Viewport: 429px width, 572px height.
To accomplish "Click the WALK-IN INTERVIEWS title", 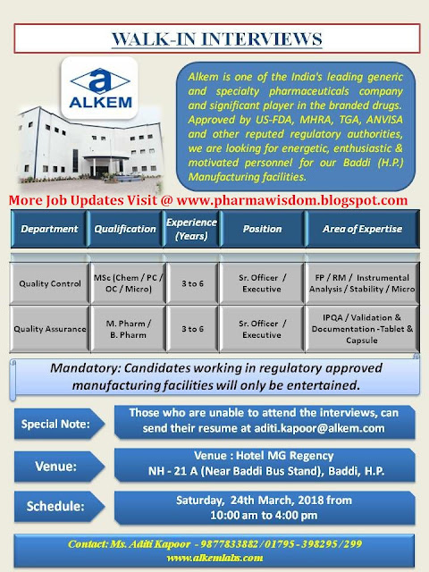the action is coord(214,40).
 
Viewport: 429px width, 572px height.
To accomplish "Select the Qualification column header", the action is coord(125,228).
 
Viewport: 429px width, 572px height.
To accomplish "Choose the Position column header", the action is coord(262,228).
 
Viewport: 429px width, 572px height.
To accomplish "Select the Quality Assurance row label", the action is coord(50,327).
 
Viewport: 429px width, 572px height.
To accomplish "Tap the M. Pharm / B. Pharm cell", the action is coord(125,327).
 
